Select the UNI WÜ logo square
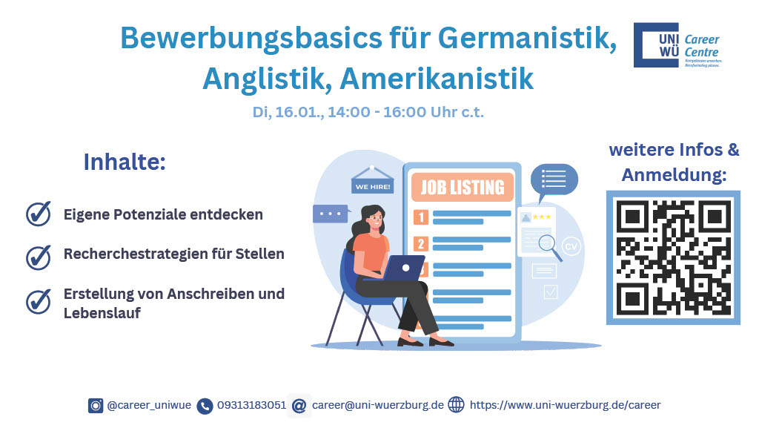click(x=655, y=45)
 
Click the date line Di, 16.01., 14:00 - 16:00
click(x=368, y=113)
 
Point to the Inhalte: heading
click(x=124, y=162)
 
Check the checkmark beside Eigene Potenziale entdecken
click(x=39, y=214)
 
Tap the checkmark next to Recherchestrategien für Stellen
click(x=39, y=256)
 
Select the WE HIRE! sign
click(x=372, y=186)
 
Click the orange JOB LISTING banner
click(x=462, y=188)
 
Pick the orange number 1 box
click(x=421, y=217)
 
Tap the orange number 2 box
click(x=421, y=243)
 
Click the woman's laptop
click(x=403, y=268)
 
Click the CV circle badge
click(x=571, y=247)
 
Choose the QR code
click(x=673, y=257)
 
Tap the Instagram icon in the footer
click(x=96, y=406)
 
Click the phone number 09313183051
click(x=251, y=406)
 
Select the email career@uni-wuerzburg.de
click(x=377, y=406)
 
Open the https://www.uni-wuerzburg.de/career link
click(x=565, y=406)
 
